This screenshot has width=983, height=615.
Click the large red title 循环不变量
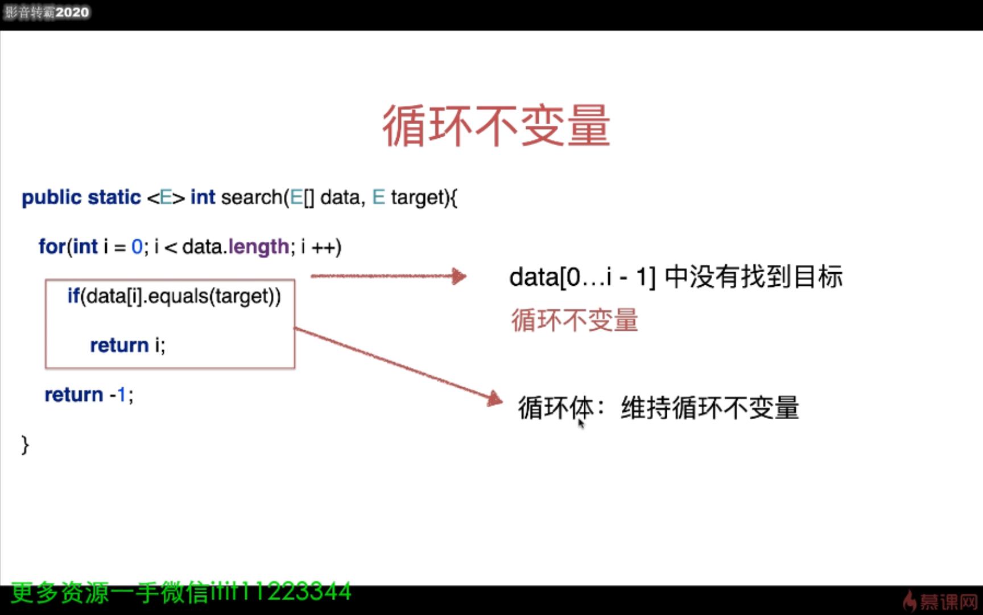496,126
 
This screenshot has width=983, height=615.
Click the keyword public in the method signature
52,198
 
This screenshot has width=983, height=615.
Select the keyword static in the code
114,198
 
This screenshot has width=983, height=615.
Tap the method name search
251,198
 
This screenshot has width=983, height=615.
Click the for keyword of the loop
52,247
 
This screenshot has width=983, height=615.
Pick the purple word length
259,247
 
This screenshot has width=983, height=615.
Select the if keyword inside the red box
73,296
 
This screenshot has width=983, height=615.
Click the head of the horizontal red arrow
459,277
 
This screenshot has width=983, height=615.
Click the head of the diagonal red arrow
495,398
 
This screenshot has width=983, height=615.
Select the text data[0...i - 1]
582,277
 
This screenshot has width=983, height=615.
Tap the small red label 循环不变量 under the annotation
575,320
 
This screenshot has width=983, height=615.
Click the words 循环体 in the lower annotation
555,408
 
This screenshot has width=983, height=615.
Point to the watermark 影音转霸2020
47,13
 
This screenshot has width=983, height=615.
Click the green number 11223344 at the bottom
296,592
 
